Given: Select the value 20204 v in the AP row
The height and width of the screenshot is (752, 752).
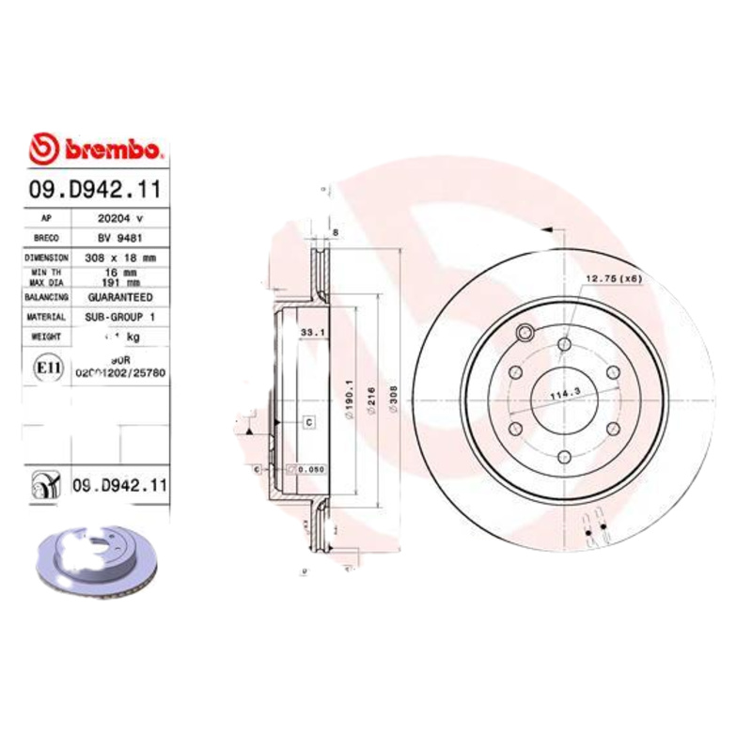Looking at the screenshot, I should [x=120, y=217].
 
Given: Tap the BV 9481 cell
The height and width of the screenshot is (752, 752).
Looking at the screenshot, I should [x=119, y=237].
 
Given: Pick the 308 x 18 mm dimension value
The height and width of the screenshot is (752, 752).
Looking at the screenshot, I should [x=120, y=257].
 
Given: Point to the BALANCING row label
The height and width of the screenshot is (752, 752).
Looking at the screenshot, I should [x=46, y=297].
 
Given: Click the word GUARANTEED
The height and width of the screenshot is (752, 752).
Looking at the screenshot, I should [x=120, y=297].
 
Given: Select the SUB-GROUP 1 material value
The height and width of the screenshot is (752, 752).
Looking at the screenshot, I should [x=120, y=317].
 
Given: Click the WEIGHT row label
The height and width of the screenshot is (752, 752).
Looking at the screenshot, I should [x=46, y=336].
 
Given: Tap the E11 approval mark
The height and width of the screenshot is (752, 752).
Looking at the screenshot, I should [x=43, y=366].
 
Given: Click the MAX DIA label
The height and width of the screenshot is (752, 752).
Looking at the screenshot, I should [x=46, y=281].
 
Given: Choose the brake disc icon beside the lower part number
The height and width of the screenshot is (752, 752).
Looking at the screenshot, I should [x=44, y=485].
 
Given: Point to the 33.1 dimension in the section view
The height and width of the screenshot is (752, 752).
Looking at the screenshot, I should [x=312, y=332].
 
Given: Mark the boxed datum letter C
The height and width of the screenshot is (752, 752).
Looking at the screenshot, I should [x=308, y=422].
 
